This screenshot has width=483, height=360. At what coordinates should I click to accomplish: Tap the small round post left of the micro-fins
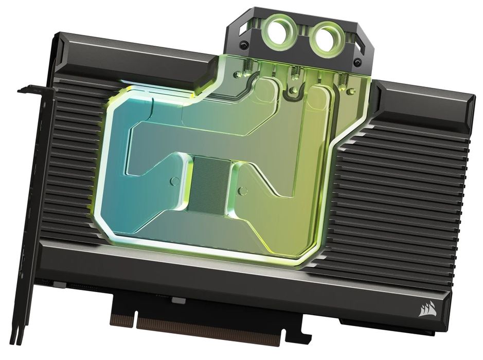click(174, 181)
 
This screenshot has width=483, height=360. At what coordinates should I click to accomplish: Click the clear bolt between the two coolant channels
click(293, 91)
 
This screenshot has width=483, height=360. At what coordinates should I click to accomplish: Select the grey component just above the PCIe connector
click(178, 300)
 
